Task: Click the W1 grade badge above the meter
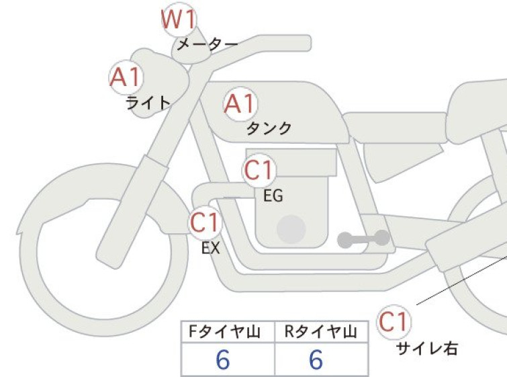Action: pyautogui.click(x=179, y=19)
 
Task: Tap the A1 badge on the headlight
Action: pyautogui.click(x=126, y=77)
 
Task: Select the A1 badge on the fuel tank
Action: pyautogui.click(x=240, y=104)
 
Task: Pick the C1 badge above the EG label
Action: pyautogui.click(x=259, y=170)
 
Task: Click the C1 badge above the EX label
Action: pyautogui.click(x=205, y=222)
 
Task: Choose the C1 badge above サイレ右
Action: pyautogui.click(x=394, y=322)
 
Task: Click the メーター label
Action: pyautogui.click(x=208, y=44)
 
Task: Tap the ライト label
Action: pyautogui.click(x=148, y=103)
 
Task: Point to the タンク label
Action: pyautogui.click(x=269, y=128)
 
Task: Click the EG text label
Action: pyautogui.click(x=273, y=196)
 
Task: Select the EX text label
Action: pyautogui.click(x=211, y=248)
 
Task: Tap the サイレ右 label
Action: pyautogui.click(x=427, y=349)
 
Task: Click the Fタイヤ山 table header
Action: pyautogui.click(x=225, y=332)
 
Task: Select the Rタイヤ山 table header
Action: pyautogui.click(x=321, y=332)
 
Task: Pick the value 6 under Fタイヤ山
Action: pyautogui.click(x=223, y=360)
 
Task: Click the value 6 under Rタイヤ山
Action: pyautogui.click(x=316, y=360)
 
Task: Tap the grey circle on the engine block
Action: pyautogui.click(x=291, y=229)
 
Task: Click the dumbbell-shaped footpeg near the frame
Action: pyautogui.click(x=363, y=239)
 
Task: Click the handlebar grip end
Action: pyautogui.click(x=306, y=43)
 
